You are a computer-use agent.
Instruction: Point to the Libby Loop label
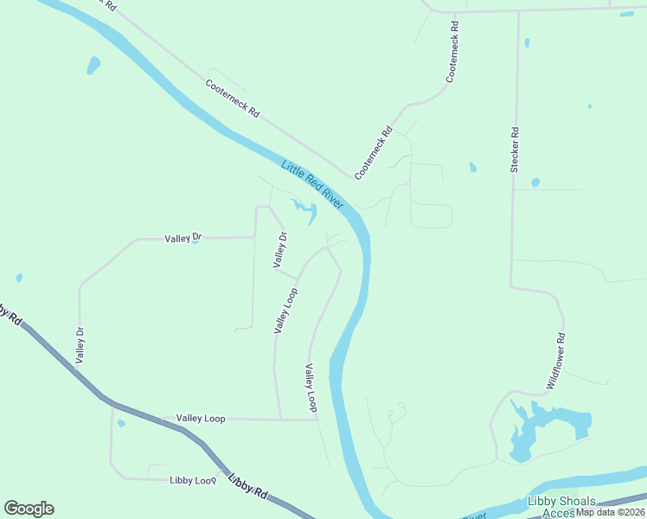(192, 480)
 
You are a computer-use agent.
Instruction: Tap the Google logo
(29, 509)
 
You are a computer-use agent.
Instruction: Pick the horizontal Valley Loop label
(201, 419)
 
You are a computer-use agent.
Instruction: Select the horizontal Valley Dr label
(183, 237)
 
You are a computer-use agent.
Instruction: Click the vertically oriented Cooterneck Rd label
(452, 59)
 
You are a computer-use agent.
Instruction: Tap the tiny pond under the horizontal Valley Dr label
(195, 242)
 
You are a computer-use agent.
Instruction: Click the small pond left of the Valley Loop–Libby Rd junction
(121, 423)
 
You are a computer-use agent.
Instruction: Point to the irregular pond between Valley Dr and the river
(304, 208)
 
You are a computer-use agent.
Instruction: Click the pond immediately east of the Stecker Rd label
(535, 183)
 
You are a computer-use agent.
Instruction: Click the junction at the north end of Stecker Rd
(519, 12)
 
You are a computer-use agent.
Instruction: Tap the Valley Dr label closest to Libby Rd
(80, 343)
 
